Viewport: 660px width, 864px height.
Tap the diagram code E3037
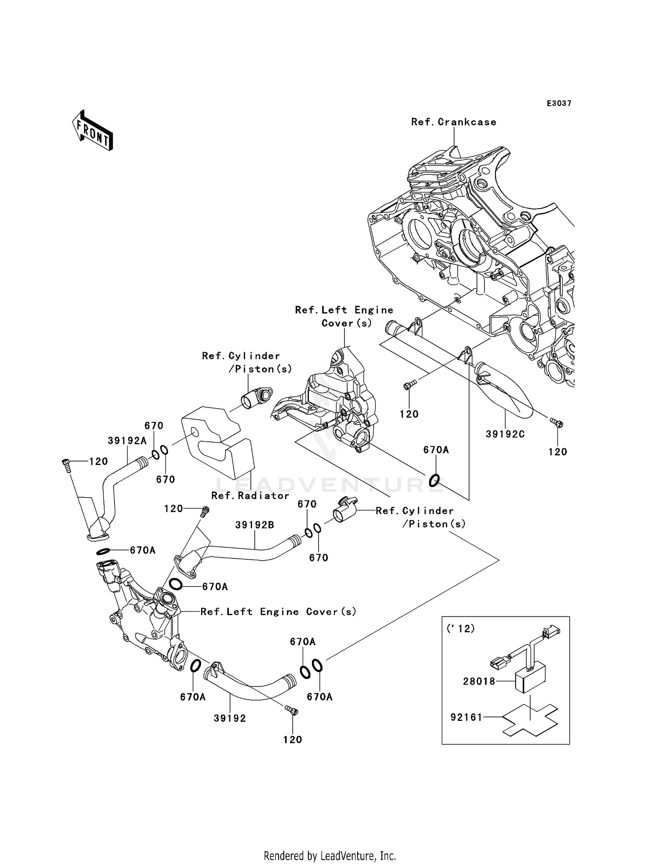559,103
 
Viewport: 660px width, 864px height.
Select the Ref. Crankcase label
453,122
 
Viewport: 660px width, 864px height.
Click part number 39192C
505,434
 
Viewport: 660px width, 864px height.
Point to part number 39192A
127,440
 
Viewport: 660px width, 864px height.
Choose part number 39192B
255,525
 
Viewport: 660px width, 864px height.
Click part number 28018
479,681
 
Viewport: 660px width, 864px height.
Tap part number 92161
466,717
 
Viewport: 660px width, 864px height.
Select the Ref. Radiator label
250,495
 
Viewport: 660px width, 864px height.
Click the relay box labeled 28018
530,678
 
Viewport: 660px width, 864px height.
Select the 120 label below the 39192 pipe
293,739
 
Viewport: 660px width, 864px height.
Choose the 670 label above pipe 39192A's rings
154,425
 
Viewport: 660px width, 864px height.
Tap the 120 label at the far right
557,451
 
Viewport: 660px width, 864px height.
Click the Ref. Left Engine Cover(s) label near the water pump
278,612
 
